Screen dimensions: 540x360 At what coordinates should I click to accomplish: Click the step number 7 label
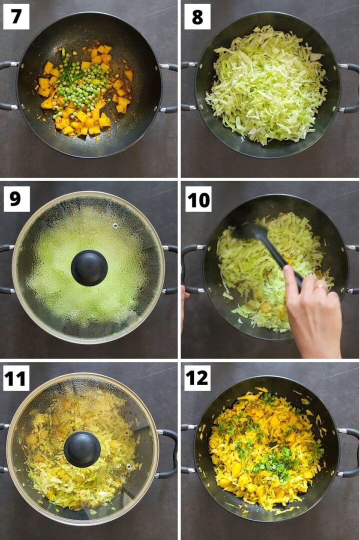point(16,17)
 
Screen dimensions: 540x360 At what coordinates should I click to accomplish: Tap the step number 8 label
point(197,17)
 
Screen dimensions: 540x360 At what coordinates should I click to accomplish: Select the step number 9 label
point(16,199)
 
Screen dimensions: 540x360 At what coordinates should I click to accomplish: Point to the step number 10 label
point(198,199)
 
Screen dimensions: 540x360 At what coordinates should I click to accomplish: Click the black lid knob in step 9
point(89,267)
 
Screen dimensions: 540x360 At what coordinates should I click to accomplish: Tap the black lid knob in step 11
point(82,448)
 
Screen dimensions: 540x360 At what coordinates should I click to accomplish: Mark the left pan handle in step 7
point(7,85)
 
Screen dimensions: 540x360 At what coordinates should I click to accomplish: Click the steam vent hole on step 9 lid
point(115,225)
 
